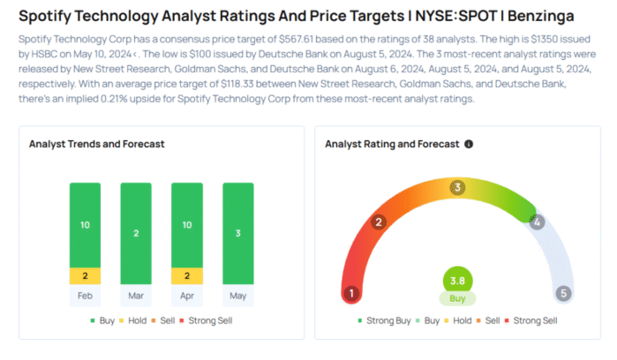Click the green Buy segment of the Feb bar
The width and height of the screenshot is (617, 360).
pos(85,225)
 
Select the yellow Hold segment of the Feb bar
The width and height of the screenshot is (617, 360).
pos(85,275)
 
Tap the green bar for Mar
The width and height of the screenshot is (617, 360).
pos(136,234)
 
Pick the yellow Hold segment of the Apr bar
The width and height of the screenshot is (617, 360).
pos(186,275)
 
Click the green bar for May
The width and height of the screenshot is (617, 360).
pos(237,234)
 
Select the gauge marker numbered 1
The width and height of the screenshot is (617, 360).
pos(351,294)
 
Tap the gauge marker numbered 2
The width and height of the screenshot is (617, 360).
pos(379,221)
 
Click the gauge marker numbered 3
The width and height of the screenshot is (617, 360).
pos(457,187)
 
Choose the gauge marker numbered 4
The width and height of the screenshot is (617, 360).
pos(536,221)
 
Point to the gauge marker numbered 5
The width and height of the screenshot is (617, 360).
pos(563,294)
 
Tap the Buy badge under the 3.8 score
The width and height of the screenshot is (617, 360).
pos(457,298)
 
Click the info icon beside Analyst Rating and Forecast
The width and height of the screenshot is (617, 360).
pos(469,144)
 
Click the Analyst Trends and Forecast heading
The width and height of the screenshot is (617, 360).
pos(96,144)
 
